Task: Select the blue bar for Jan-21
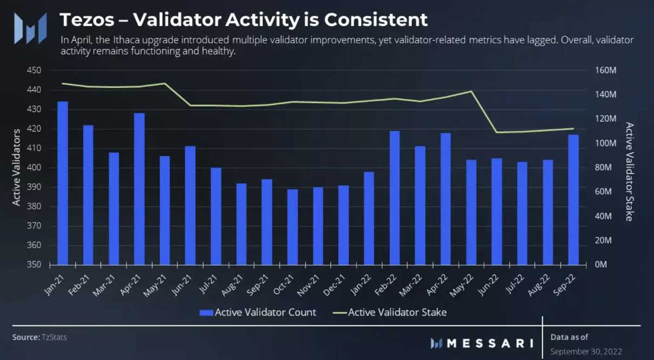pos(63,183)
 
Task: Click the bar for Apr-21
pos(139,189)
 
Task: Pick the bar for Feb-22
pos(395,198)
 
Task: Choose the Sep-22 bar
pos(573,199)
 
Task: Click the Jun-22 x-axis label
pos(490,283)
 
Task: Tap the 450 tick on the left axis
pos(34,71)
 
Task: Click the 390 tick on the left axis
pos(34,188)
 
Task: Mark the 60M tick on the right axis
pos(605,192)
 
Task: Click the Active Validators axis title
pos(17,167)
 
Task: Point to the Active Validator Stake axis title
pos(629,171)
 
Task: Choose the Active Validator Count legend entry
pos(258,312)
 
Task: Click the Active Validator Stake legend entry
pos(389,312)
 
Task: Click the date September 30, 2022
pos(586,351)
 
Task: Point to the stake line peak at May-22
pos(471,91)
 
